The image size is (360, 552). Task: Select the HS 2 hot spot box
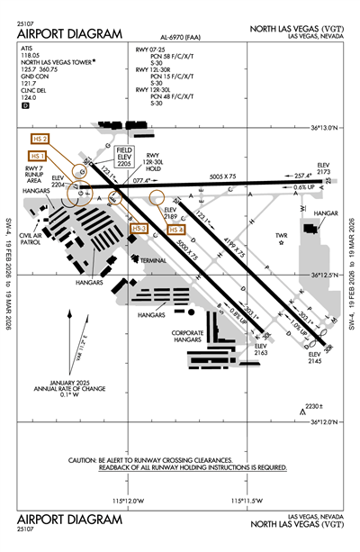point(40,139)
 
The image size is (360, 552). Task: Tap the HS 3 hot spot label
point(139,229)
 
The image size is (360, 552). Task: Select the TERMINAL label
point(153,259)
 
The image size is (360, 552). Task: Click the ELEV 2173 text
point(325,167)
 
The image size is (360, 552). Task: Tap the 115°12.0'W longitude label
point(129,500)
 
